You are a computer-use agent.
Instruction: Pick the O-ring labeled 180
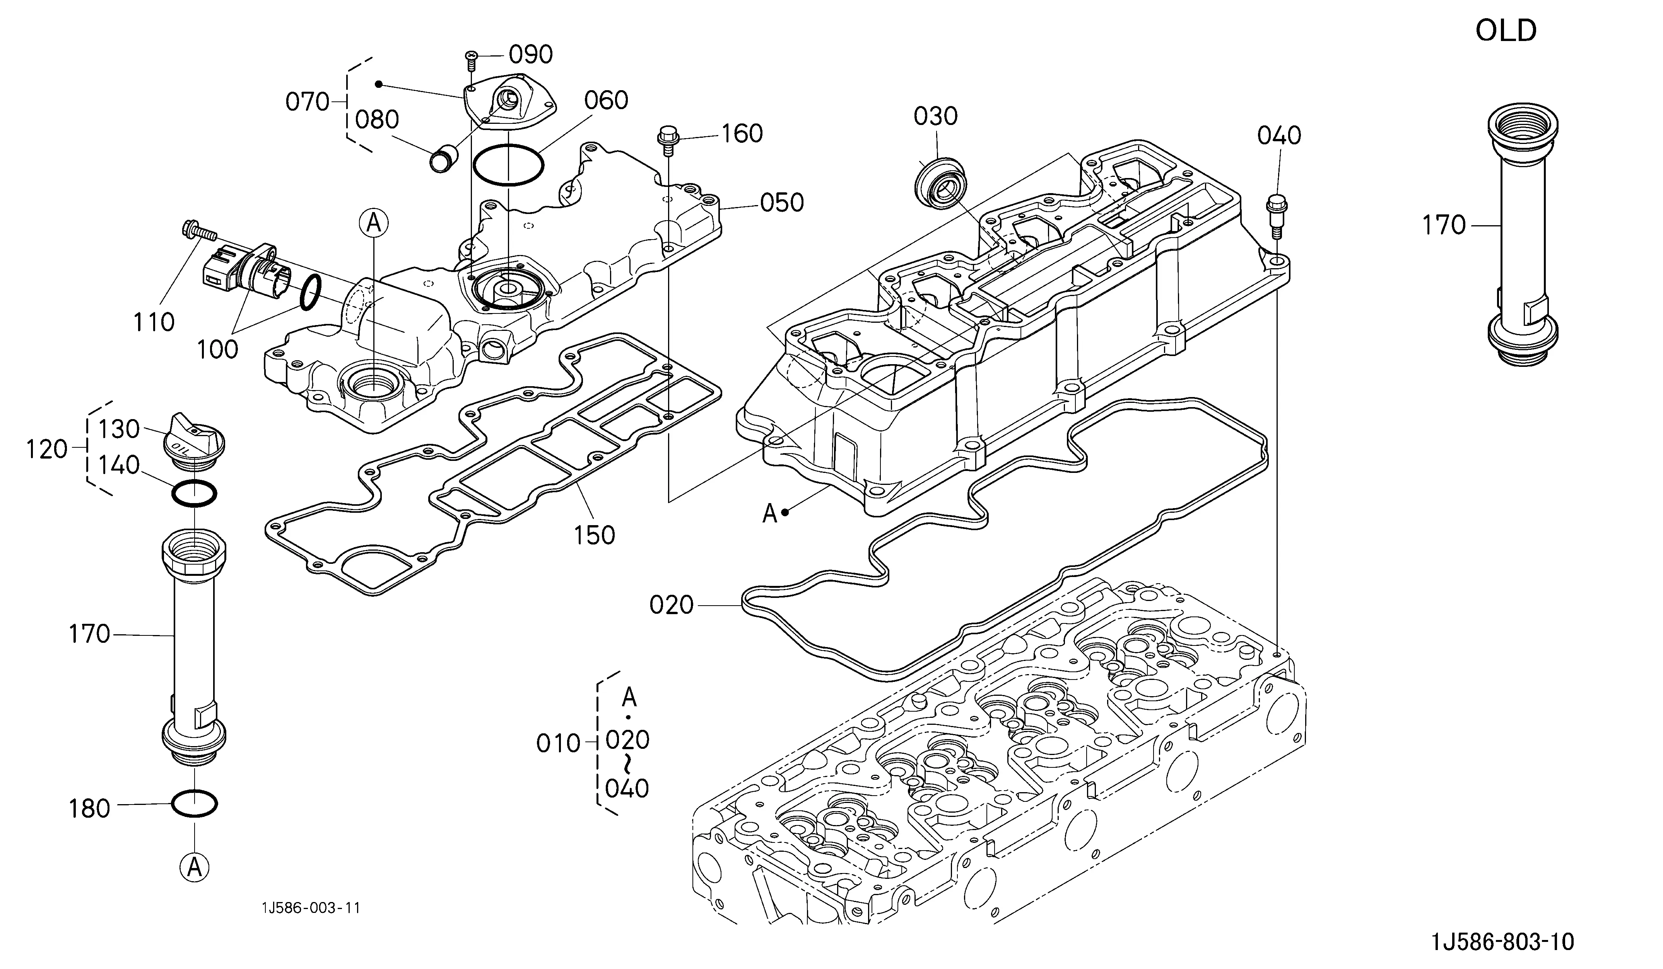tap(194, 804)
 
